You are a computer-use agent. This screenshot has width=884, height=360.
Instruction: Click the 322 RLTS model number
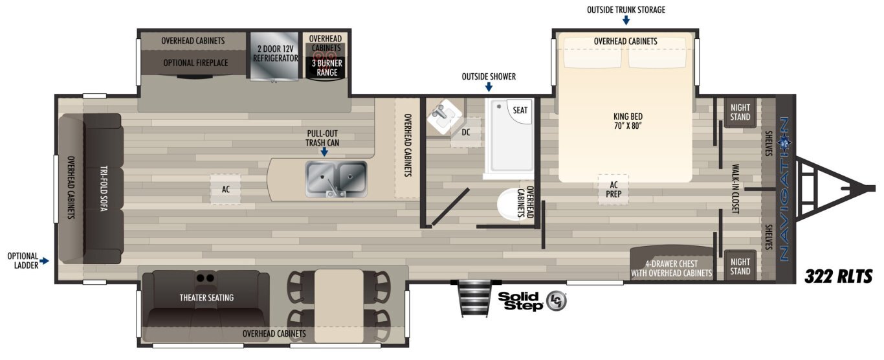[x=838, y=276]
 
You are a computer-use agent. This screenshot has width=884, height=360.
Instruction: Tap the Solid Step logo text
[x=520, y=301]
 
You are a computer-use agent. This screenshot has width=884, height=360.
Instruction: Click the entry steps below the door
[x=474, y=298]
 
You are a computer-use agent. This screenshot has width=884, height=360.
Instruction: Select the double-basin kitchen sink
[x=336, y=179]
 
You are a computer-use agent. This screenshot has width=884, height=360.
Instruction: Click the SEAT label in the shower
[x=520, y=110]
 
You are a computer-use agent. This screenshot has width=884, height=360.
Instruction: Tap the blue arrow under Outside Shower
[x=489, y=87]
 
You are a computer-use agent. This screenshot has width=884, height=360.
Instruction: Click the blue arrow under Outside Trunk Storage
[x=626, y=20]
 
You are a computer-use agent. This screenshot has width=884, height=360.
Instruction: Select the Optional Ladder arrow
[x=44, y=261]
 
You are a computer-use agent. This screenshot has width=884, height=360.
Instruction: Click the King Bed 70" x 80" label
[x=628, y=121]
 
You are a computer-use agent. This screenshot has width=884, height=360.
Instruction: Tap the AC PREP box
[x=613, y=190]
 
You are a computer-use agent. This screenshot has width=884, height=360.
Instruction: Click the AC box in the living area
[x=225, y=190]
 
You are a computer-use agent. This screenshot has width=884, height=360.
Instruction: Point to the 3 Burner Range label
[x=327, y=68]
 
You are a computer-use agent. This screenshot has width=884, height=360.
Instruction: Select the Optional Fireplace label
[x=195, y=63]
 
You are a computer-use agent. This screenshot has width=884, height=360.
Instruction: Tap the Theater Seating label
[x=206, y=298]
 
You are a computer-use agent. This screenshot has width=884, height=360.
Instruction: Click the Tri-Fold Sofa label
[x=104, y=188]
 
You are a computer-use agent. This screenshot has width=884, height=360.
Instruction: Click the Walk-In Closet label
[x=735, y=189]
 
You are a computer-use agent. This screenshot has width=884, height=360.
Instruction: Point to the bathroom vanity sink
[x=444, y=115]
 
